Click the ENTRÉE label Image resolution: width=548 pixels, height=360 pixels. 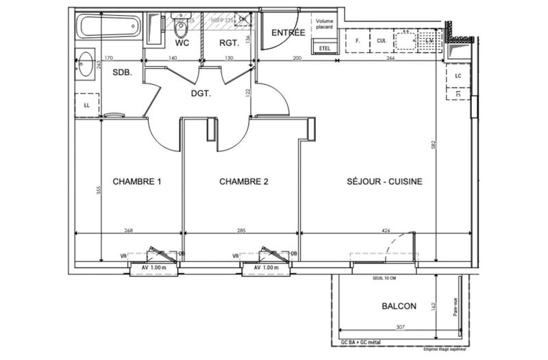tap(288, 33)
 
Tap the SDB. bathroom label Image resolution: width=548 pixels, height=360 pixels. tap(123, 71)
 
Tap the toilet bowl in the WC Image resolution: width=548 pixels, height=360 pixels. tap(182, 29)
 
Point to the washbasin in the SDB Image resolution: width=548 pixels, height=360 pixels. tap(86, 66)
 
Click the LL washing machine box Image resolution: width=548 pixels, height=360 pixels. tap(87, 105)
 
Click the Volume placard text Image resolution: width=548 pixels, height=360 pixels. tap(323, 25)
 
